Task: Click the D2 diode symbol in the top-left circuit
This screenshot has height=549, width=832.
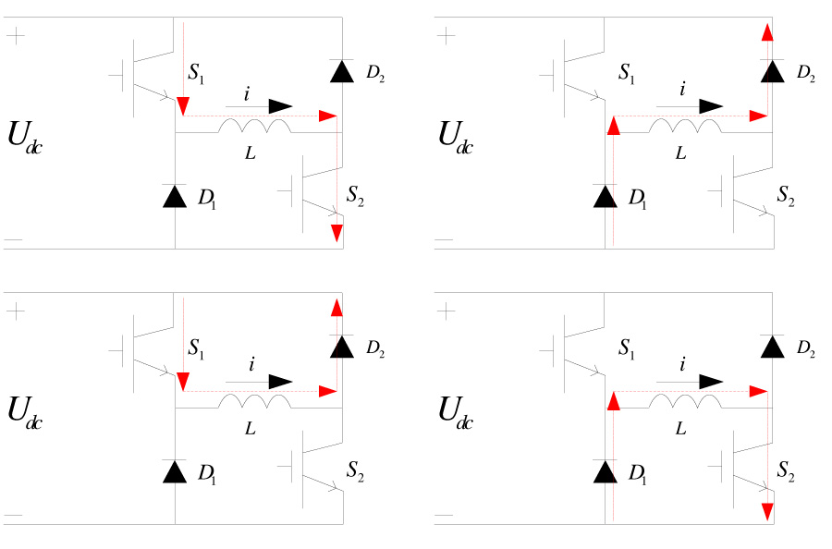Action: coord(343,71)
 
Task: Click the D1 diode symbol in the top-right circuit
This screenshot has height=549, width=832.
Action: coord(605,196)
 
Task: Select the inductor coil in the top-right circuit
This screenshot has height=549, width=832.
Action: coord(684,125)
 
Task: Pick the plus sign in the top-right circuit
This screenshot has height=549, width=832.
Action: coord(447,36)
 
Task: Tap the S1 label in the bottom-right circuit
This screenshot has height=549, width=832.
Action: coord(628,348)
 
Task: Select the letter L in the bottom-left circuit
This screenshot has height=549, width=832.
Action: coord(250,429)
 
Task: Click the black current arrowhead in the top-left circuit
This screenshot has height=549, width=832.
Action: coord(282,105)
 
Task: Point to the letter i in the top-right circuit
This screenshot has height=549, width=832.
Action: coord(681,90)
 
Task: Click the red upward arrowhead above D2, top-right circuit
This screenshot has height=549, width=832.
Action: coord(767,33)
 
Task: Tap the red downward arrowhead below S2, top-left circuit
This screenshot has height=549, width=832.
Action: coord(336,234)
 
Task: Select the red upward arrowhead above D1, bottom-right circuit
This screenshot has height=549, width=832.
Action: coord(611,401)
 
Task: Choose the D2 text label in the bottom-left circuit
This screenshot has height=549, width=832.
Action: coord(374,348)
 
